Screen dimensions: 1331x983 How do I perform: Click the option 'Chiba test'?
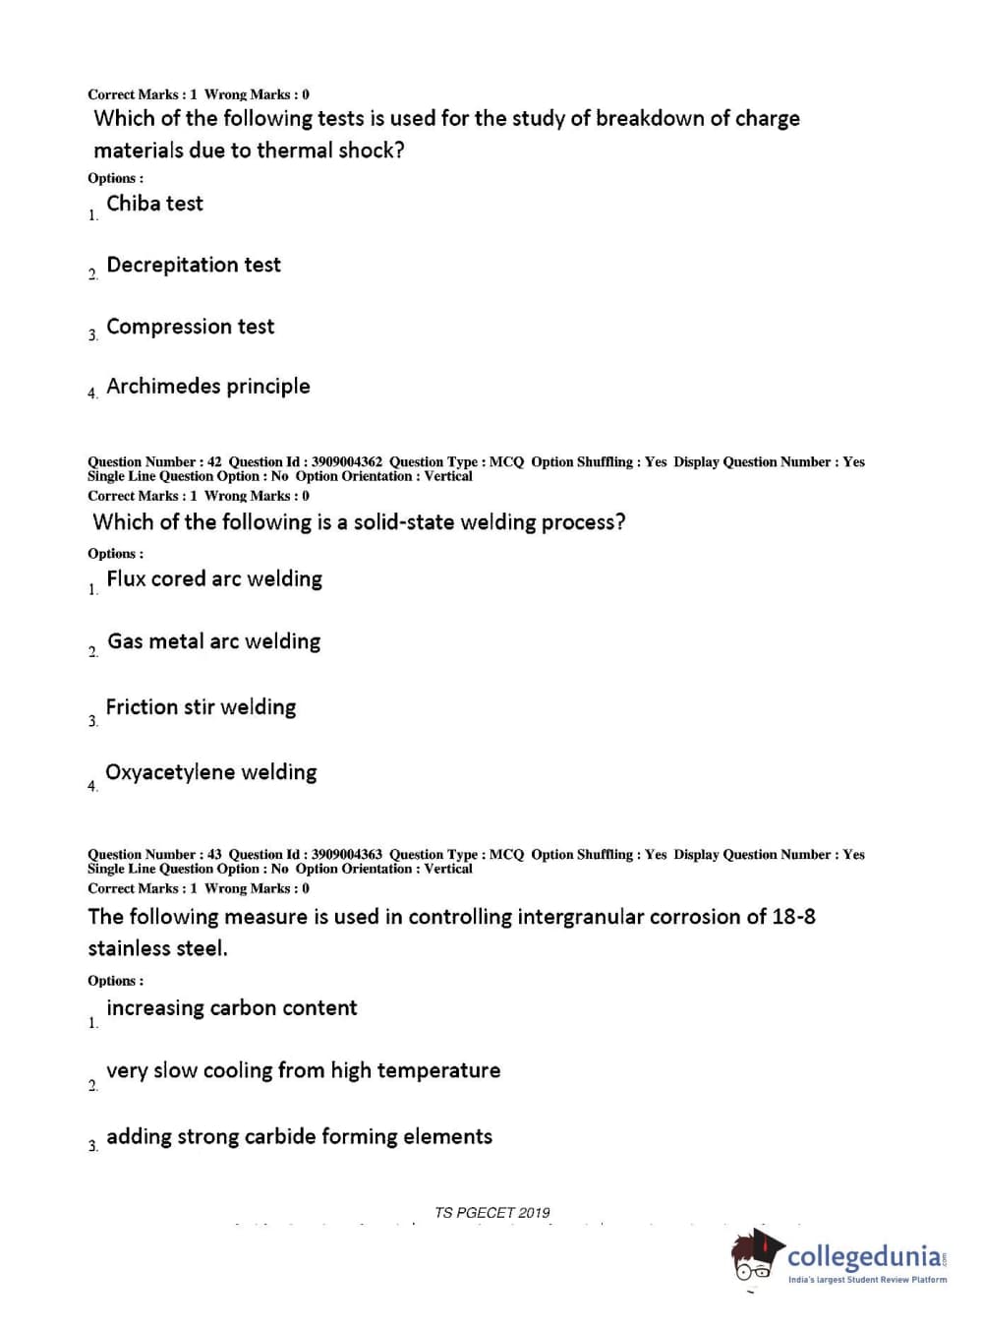pos(154,204)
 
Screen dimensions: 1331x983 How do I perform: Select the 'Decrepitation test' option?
pos(194,265)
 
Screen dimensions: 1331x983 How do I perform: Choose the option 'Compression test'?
pos(190,327)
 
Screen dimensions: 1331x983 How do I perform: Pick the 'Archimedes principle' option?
pos(207,387)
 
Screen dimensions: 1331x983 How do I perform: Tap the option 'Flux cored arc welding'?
pos(213,579)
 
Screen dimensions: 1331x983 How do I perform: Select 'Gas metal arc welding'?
pos(213,641)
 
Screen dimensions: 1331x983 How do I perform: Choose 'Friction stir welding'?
pos(201,707)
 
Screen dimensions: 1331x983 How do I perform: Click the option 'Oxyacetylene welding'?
pos(210,772)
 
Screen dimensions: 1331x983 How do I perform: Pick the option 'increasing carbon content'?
pos(231,1008)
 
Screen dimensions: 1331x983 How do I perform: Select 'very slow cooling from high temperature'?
pos(303,1070)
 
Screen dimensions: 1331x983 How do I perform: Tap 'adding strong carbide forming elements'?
pos(299,1137)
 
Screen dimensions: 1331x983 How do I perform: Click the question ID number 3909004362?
pos(346,462)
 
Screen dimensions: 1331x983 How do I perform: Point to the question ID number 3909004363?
pos(346,855)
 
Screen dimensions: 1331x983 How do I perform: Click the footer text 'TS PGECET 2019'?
pos(491,1213)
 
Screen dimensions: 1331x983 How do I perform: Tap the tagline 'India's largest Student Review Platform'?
pos(867,1280)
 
